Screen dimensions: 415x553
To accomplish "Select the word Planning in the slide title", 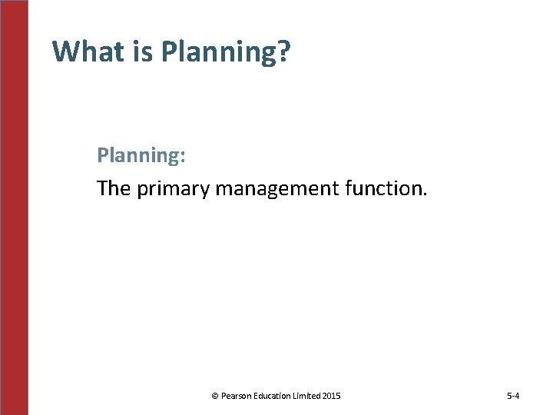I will point(218,51).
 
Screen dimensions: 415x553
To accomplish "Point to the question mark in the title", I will point(283,51).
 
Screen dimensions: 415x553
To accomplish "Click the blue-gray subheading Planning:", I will point(141,156).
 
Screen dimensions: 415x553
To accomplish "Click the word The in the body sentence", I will point(114,188).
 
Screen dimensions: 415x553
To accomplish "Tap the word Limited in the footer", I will point(309,397).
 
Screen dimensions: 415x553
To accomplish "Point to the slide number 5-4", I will point(513,397).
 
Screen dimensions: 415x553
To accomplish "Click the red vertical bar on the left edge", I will point(14,207).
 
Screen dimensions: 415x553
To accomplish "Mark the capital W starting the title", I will point(65,51).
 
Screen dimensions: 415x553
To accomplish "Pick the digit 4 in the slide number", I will point(518,397).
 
